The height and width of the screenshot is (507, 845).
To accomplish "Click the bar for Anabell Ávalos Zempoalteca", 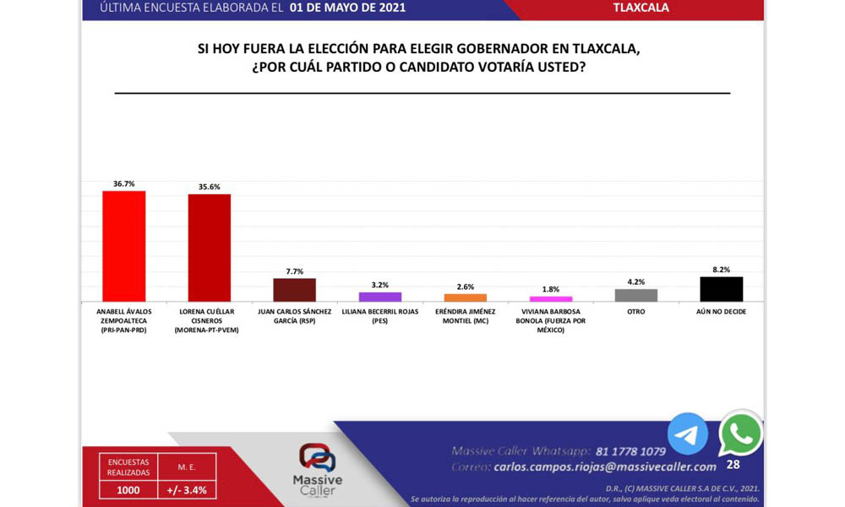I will (123, 246).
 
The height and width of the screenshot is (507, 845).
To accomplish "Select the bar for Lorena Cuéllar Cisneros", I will (209, 248).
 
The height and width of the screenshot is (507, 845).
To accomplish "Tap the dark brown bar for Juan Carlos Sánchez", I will (294, 290).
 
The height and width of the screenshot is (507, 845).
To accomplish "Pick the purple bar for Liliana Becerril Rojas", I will (380, 297).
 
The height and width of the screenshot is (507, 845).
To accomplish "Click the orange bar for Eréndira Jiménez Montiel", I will (466, 297).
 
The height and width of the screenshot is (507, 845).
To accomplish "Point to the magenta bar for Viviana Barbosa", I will (551, 298).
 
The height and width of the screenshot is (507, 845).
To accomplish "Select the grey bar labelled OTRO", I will (636, 295).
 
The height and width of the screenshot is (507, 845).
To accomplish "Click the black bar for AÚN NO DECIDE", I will (722, 289).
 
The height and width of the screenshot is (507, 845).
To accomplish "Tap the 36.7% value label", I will (123, 183).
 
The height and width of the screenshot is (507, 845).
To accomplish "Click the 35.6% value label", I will (209, 187).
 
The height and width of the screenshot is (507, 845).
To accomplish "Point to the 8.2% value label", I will (722, 270).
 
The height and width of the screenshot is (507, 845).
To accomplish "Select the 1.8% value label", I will (551, 289).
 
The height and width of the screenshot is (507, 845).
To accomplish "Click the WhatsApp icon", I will (740, 434).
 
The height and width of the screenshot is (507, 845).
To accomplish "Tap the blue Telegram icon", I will (688, 434).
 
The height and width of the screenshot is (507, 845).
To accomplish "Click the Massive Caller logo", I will (317, 469).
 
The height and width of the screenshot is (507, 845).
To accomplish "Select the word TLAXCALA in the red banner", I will (641, 8).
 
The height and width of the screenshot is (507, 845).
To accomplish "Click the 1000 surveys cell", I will (128, 489).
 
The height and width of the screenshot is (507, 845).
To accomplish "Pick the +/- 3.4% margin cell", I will (186, 489).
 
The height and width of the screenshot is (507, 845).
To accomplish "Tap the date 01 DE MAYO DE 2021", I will (347, 8).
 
